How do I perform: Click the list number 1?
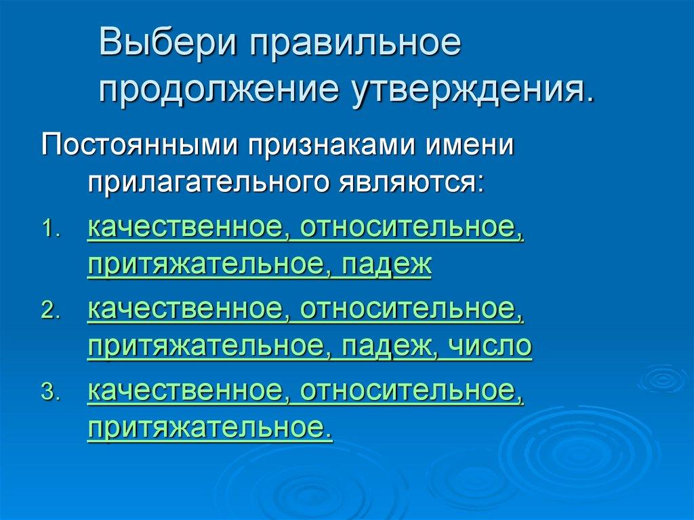click(52, 230)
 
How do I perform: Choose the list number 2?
click(52, 312)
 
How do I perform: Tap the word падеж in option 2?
click(386, 346)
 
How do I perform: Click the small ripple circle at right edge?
click(662, 378)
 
